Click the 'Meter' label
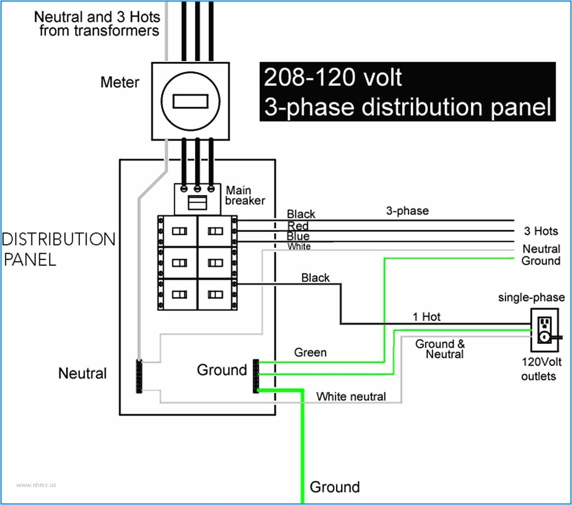(x=120, y=82)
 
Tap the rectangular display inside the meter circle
(x=190, y=101)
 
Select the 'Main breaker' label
(x=245, y=195)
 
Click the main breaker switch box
(x=197, y=202)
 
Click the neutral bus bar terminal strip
(x=139, y=376)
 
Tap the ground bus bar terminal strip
(x=256, y=376)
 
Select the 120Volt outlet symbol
(x=544, y=330)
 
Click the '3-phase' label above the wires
(x=407, y=211)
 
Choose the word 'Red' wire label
(x=298, y=226)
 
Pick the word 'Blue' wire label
(x=298, y=236)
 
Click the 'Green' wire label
(x=310, y=352)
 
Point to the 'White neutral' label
(x=351, y=396)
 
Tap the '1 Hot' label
(x=426, y=317)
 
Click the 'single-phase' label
(x=531, y=297)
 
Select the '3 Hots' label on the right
(x=541, y=231)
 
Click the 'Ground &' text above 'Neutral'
(x=440, y=344)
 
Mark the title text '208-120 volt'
(x=333, y=77)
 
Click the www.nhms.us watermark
(x=36, y=485)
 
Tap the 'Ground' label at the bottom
(x=335, y=487)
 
